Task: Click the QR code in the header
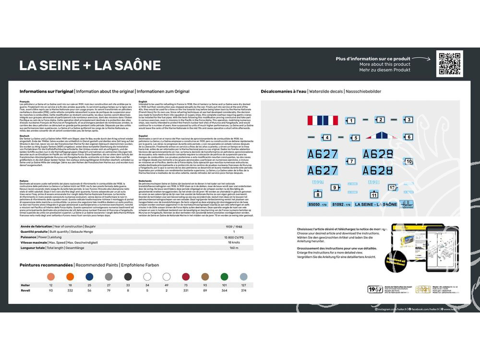click(x=450, y=63)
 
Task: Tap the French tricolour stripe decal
click(x=322, y=120)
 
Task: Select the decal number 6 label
click(x=408, y=137)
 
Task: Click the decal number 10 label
click(x=409, y=161)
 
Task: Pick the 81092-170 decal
click(x=342, y=204)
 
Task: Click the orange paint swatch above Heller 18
click(x=70, y=276)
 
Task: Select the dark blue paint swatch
click(x=90, y=276)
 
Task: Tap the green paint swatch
click(x=224, y=276)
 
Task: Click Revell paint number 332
click(x=70, y=290)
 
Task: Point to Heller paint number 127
click(x=243, y=285)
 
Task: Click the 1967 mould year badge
click(x=374, y=289)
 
